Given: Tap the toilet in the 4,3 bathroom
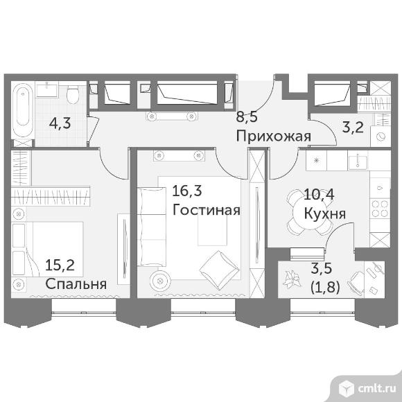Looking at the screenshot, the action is [x=73, y=94].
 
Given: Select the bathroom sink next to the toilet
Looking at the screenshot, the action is [x=47, y=89].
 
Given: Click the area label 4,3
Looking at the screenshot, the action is [x=60, y=123].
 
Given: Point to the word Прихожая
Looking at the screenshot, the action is [x=273, y=136].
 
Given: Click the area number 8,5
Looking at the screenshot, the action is [x=247, y=117].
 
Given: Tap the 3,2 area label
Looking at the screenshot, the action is [x=353, y=127].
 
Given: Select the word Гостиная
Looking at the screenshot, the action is [x=207, y=210].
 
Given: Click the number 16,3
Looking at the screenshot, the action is [x=187, y=191].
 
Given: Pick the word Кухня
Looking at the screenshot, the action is [x=324, y=213].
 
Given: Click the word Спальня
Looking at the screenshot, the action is [x=76, y=283].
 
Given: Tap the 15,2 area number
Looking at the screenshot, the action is [x=60, y=265].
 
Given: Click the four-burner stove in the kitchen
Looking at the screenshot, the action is [x=381, y=209].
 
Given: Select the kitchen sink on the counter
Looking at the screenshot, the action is [x=358, y=161].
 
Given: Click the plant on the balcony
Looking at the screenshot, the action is [x=291, y=279].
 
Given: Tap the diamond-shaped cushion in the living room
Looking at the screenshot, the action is [x=220, y=270].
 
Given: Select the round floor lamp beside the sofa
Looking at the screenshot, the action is [x=161, y=281].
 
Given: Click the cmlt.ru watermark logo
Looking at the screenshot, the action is [x=367, y=390].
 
